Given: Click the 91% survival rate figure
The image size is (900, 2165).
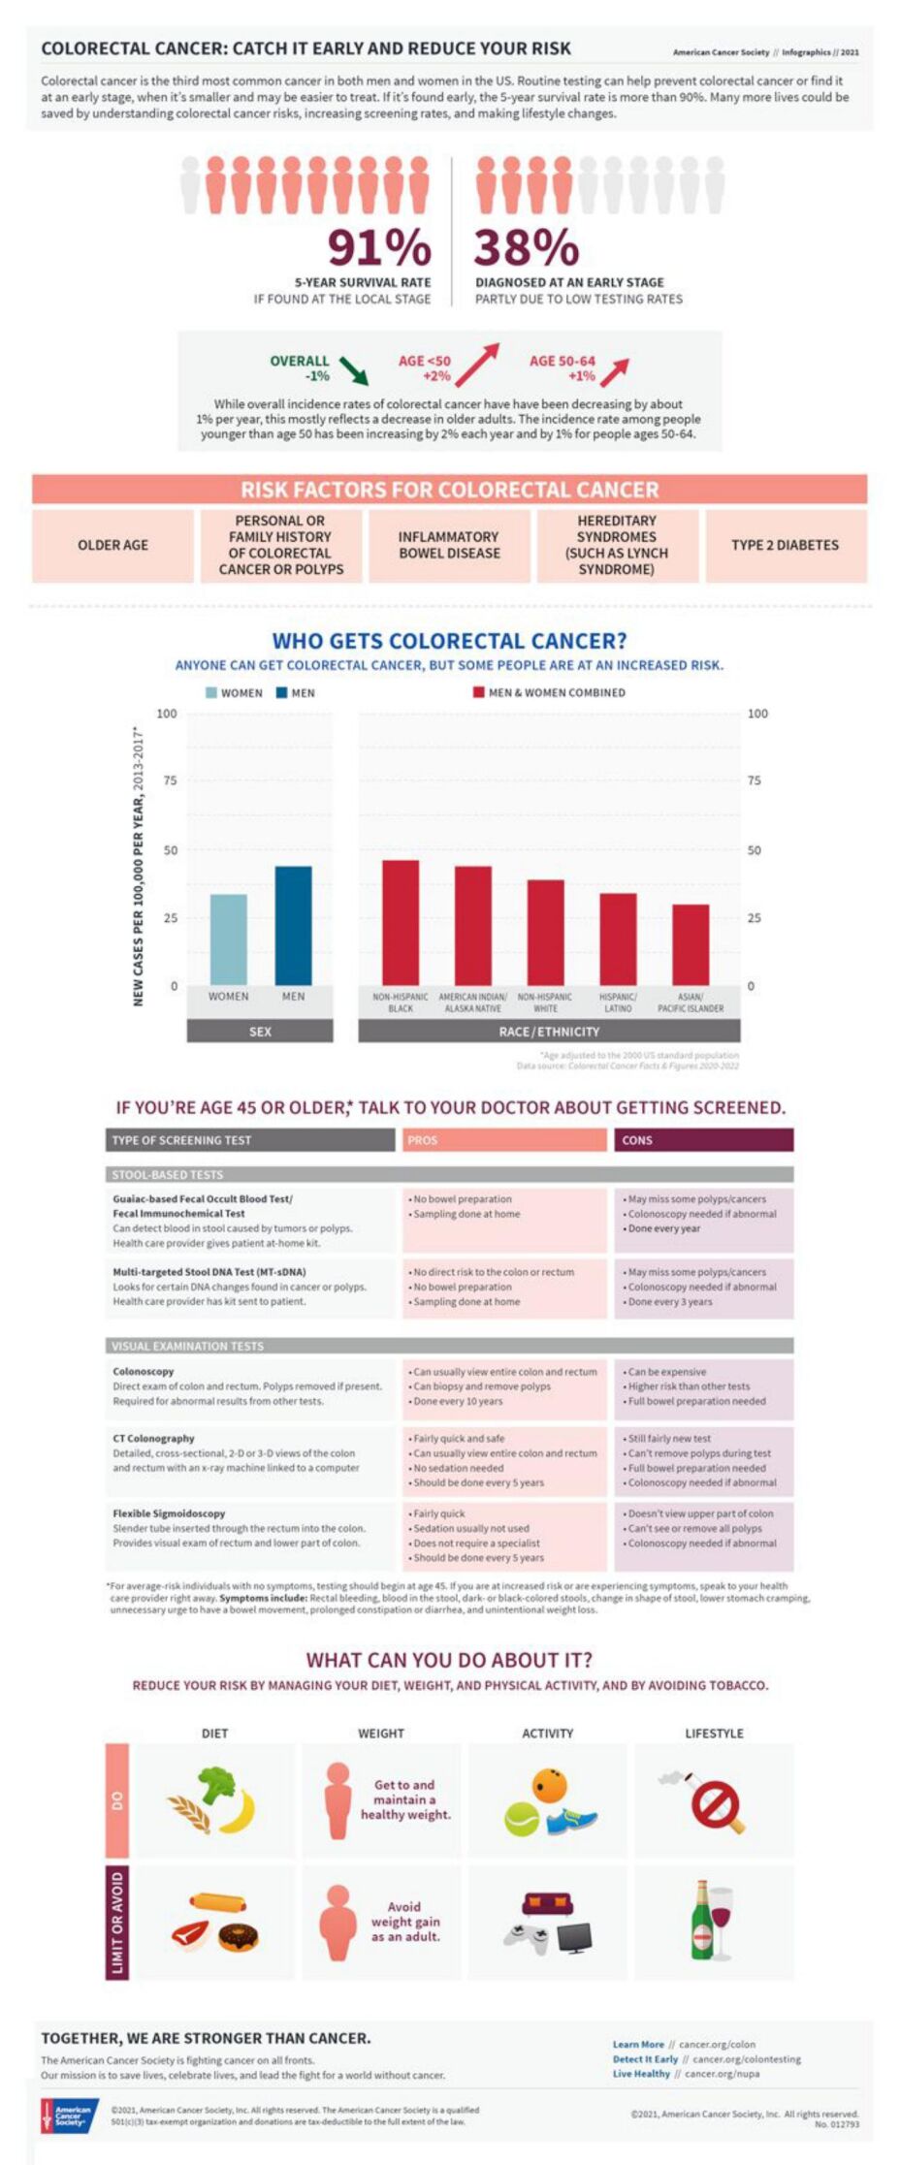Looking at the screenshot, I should coord(379,247).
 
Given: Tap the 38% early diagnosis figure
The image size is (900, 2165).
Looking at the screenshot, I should coord(526,247).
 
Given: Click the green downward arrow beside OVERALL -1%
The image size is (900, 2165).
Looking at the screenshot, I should coord(353,370).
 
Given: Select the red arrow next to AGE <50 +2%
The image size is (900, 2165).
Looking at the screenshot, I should coord(476,365).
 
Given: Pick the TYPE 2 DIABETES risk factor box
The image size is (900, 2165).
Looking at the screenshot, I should coord(785,546).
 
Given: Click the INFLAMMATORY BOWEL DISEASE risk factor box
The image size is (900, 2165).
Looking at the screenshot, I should coord(449,546).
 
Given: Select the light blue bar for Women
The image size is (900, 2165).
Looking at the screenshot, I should coord(229,939).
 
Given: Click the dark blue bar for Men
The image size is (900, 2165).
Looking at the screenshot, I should coord(293,925).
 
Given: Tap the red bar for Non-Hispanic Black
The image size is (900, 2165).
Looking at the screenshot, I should coord(401,922).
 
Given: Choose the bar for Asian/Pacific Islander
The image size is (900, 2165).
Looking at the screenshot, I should coord(691,944).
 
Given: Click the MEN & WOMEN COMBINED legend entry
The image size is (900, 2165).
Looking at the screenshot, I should coord(548,693).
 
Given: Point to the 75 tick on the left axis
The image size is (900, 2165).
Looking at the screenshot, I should coord(171,780).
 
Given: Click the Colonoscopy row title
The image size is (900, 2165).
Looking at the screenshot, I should coord(144,1372).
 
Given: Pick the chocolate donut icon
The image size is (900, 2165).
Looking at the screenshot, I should coord(238,1937).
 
